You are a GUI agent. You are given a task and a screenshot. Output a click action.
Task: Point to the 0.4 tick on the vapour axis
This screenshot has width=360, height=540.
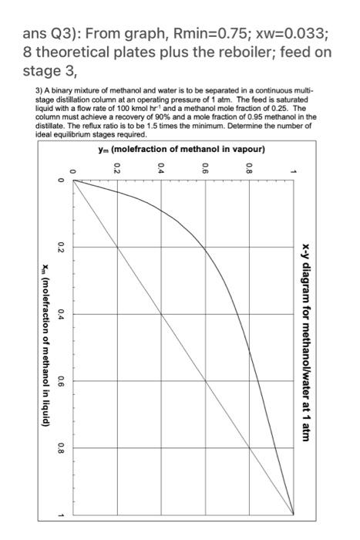(160, 167)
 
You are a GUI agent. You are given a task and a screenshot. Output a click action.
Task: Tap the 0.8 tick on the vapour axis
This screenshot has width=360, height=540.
(250, 167)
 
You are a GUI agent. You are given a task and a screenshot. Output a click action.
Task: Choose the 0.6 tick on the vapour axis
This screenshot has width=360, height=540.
(205, 167)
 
